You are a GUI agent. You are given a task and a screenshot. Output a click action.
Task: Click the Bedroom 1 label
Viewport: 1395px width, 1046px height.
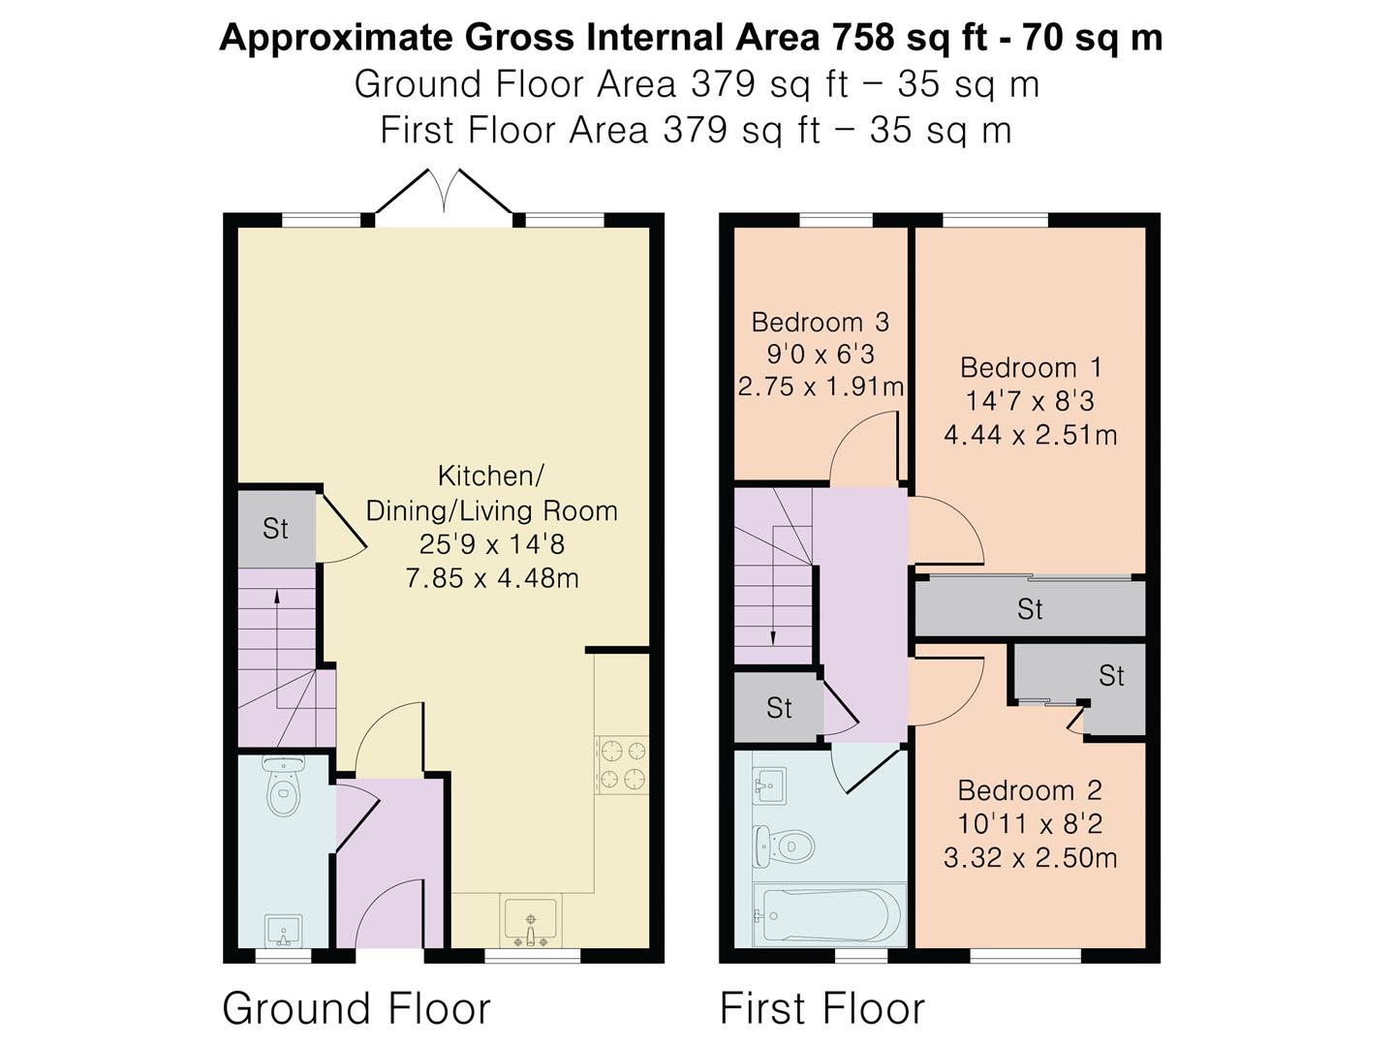click(1030, 368)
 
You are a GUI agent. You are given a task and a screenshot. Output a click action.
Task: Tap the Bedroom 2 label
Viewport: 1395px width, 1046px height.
click(1030, 790)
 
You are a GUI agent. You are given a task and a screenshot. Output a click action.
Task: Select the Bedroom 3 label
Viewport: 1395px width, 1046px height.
click(820, 322)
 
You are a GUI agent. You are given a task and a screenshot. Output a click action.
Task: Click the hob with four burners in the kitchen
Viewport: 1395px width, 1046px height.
click(622, 765)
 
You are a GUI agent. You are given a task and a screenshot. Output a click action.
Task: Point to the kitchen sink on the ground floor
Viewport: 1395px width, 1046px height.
click(531, 920)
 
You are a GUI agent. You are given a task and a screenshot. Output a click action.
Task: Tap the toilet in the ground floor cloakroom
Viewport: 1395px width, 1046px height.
click(283, 786)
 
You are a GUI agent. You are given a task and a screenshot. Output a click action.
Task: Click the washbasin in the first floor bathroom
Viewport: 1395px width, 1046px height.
click(769, 785)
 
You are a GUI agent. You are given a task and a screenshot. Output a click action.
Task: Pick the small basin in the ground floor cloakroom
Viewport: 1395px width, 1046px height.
click(284, 931)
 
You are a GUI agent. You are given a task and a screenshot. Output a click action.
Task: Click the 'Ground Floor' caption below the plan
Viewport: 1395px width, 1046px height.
click(356, 1008)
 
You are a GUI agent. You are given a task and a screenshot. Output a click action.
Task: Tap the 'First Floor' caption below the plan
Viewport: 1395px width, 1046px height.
click(821, 1008)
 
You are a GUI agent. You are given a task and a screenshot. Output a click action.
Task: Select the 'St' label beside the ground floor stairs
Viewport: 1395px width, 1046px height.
click(275, 529)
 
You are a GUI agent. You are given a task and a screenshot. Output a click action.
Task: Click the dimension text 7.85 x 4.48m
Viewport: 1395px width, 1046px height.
click(492, 578)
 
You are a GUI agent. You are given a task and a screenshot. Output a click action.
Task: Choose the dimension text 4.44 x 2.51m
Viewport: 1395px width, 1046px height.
click(1030, 435)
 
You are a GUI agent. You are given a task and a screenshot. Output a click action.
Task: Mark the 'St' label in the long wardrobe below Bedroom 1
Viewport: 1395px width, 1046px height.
click(1030, 609)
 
